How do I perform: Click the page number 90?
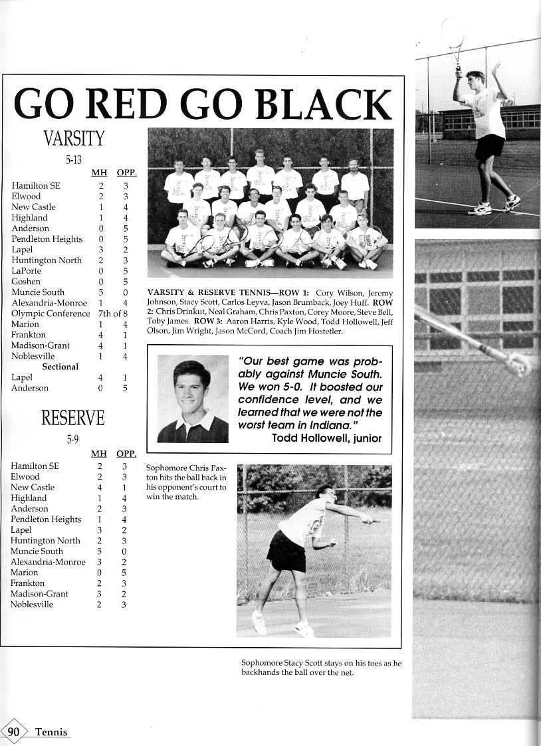click(x=13, y=732)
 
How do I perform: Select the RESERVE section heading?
click(x=73, y=418)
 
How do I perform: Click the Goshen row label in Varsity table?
click(x=26, y=282)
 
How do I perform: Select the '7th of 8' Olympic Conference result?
click(x=112, y=314)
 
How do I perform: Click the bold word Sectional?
click(x=60, y=367)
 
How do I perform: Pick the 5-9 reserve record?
click(x=73, y=439)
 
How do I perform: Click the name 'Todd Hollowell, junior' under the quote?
click(x=326, y=438)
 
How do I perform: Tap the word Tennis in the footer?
click(x=51, y=732)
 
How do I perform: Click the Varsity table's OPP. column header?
click(x=126, y=173)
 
